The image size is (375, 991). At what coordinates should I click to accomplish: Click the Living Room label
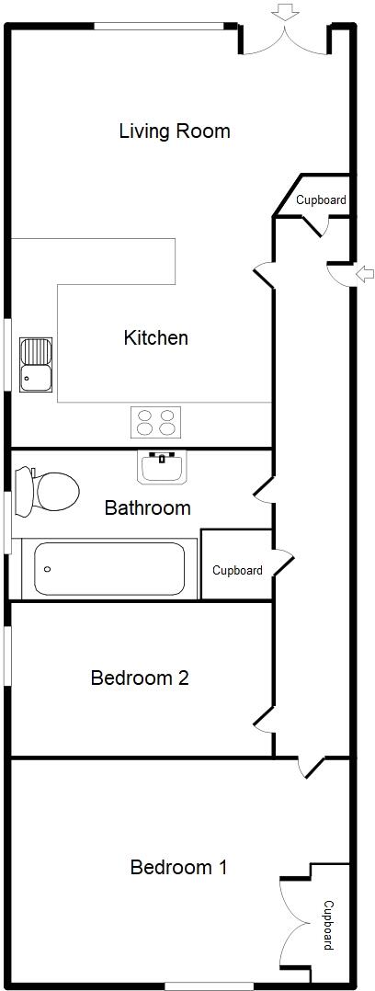coord(175,131)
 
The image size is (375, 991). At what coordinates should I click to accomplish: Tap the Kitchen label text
coord(155,338)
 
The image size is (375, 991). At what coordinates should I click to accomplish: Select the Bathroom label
coord(147,507)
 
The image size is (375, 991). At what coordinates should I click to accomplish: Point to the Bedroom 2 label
coord(140,678)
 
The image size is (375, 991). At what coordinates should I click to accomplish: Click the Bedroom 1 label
coord(178,867)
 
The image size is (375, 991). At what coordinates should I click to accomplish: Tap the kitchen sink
coord(37,363)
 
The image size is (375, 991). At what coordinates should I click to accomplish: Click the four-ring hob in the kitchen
coord(155,423)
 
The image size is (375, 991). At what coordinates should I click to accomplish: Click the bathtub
coord(109,568)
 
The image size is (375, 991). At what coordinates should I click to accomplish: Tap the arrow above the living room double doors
coord(286,11)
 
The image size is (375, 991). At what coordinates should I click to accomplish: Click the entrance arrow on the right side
coord(365,273)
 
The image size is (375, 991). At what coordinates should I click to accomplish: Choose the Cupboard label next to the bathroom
coord(237,570)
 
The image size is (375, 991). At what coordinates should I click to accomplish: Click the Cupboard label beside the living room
coord(321,200)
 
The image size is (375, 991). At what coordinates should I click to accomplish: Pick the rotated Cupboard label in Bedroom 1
coord(329,925)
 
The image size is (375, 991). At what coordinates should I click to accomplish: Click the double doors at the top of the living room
coord(285,40)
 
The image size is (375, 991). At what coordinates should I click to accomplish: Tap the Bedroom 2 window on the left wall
coord(7,655)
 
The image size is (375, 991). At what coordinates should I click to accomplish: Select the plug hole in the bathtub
coord(46,569)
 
